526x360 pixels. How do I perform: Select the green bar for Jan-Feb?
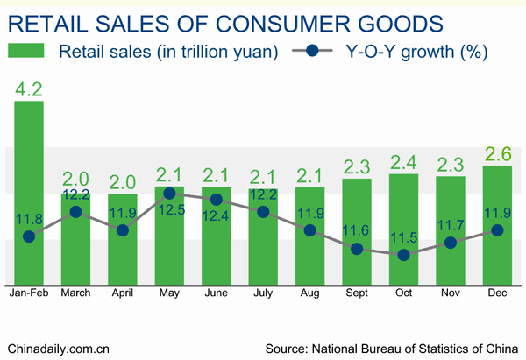coord(29,193)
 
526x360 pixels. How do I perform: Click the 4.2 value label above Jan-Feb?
coord(28,88)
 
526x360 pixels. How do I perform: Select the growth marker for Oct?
coord(404,255)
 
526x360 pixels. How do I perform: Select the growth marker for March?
coord(76,212)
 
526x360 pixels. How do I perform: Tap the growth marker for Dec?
coord(497,230)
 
